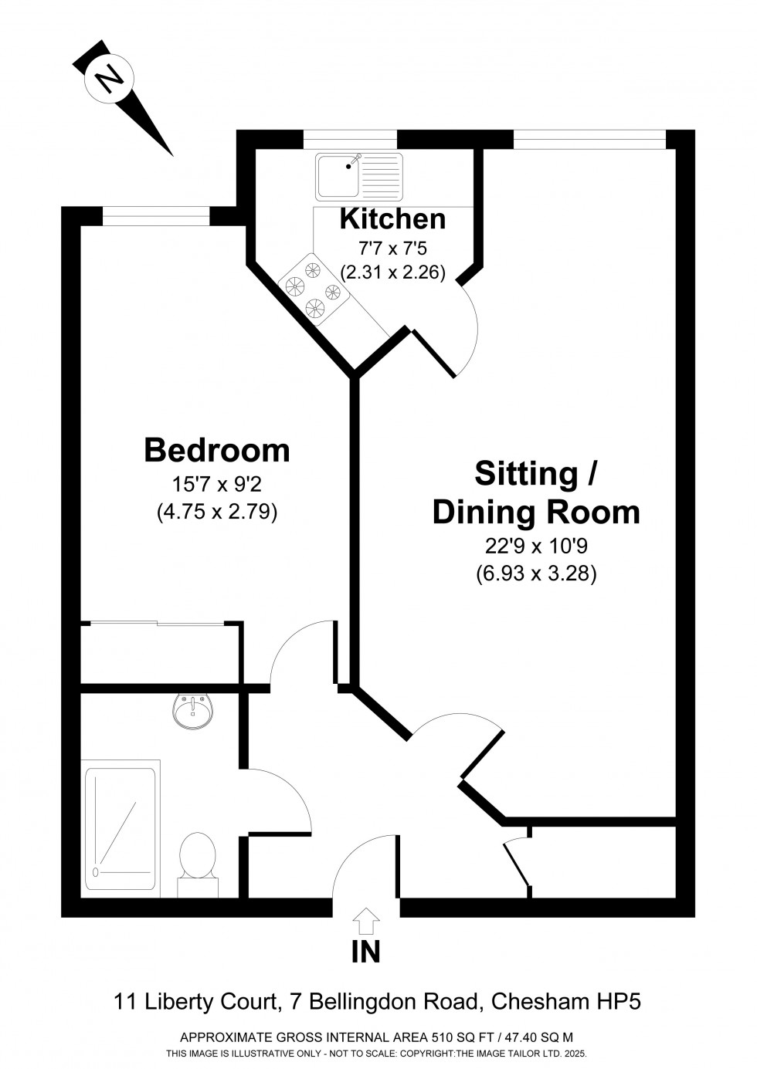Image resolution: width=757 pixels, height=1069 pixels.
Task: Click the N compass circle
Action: [x=111, y=78]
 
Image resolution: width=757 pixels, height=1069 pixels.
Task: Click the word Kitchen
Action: [x=392, y=219]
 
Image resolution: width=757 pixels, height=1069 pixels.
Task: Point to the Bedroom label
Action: [x=217, y=450]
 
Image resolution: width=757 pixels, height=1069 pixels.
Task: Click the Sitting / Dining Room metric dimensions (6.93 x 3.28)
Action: [x=535, y=574]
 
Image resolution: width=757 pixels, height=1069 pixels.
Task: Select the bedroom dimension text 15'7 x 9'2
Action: [x=217, y=485]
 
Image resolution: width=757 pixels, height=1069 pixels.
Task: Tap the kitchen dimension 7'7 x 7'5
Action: [x=392, y=249]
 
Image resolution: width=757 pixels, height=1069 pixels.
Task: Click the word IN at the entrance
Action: [x=366, y=952]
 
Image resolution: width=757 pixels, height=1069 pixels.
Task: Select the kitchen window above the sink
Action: [x=350, y=139]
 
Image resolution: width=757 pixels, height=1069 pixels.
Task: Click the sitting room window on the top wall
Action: [x=589, y=139]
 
